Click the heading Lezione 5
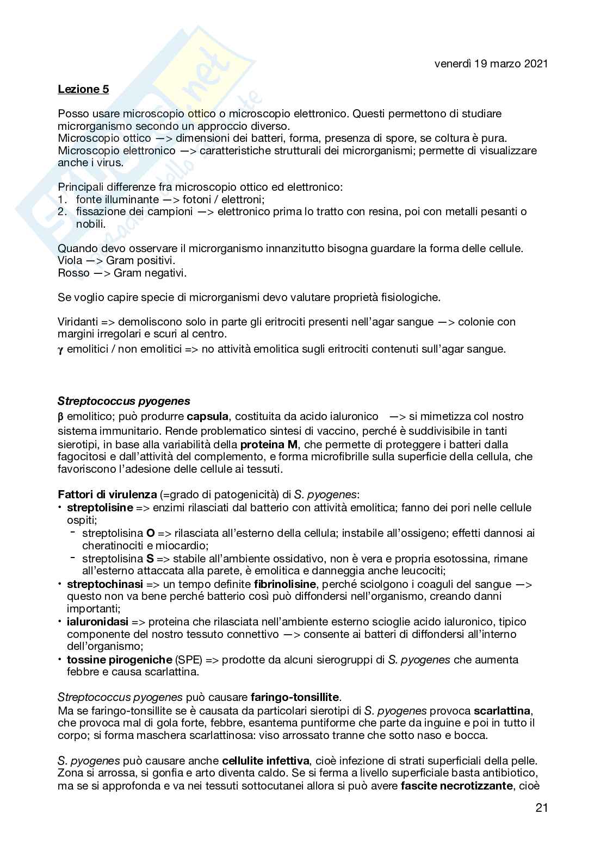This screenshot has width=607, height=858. pos(83,89)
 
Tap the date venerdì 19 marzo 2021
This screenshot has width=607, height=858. pos(491,64)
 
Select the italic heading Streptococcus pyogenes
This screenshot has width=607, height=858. pos(124,402)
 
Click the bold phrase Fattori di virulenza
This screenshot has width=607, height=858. pos(107,495)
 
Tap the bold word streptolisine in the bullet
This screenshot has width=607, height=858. pos(100,508)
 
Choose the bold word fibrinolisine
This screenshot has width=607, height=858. pos(284,584)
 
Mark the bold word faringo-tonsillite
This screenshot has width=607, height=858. pos(295,697)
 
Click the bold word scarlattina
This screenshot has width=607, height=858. pos(503,710)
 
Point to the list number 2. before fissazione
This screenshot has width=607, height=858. pos(63,211)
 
